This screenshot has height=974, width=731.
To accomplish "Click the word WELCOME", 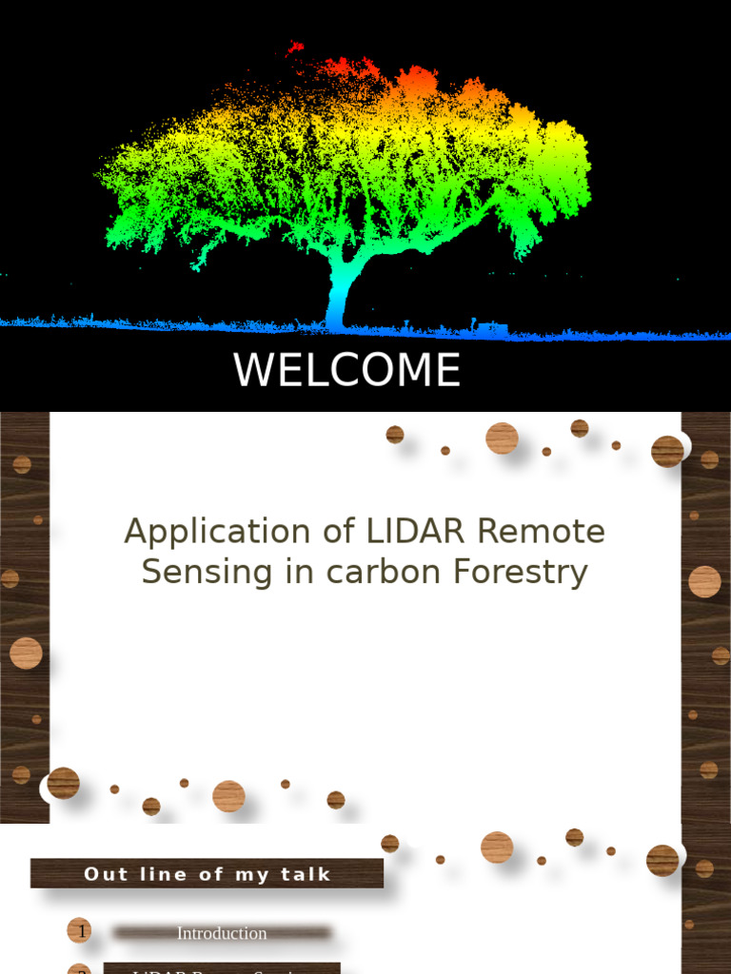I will pos(346,371).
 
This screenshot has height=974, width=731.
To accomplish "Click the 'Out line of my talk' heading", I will pos(207,874).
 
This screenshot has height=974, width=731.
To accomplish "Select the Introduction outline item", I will pos(222,933).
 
